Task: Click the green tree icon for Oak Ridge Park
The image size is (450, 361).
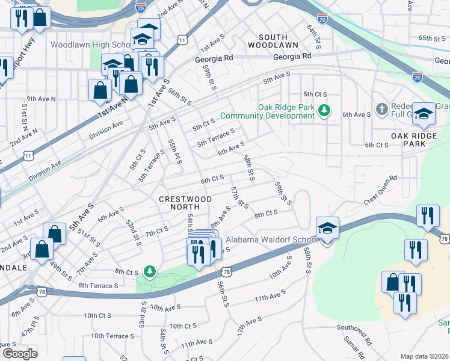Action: (x=324, y=110)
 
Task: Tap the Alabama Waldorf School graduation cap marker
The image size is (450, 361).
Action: (x=327, y=229)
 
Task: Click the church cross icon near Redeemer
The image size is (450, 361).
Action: (x=381, y=110)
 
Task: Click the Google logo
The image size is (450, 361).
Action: (x=20, y=353)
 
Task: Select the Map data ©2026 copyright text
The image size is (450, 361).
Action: (x=424, y=356)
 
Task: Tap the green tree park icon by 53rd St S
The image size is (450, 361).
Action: (x=149, y=273)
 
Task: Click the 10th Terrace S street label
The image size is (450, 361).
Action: (x=112, y=336)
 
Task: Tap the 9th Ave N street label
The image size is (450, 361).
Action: (x=41, y=98)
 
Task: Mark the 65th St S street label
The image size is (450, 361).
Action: (x=432, y=38)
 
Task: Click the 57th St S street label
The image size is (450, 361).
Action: (x=239, y=197)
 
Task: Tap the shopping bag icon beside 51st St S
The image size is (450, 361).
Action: (x=55, y=234)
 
